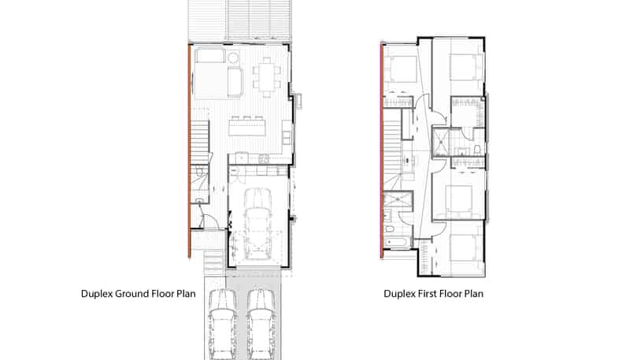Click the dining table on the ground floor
[267, 77]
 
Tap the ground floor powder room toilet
[200, 173]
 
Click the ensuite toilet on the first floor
[478, 149]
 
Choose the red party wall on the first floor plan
[380, 150]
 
